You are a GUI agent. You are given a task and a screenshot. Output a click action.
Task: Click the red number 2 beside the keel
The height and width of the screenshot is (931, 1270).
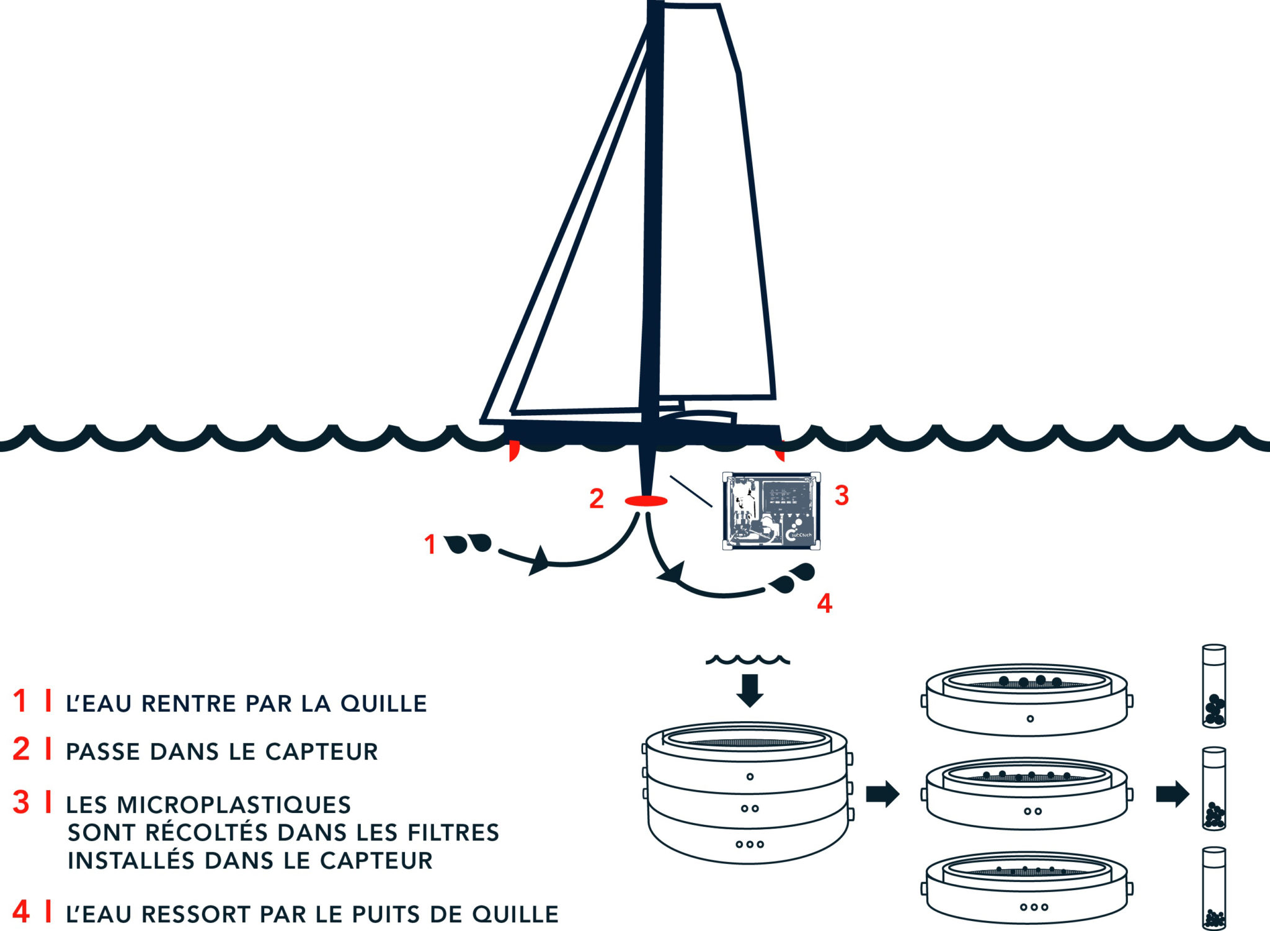coord(596,498)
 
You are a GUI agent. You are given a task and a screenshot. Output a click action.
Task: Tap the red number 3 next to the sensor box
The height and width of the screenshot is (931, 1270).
coord(841,495)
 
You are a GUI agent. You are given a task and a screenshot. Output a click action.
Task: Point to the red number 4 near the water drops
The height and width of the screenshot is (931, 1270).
coord(824,603)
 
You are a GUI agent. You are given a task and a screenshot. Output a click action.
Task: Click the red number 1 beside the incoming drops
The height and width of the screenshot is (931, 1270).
coord(430,544)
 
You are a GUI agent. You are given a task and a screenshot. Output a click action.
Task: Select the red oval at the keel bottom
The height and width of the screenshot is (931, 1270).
coord(646,500)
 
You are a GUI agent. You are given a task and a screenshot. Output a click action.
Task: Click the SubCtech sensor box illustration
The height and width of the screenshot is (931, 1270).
coord(771,511)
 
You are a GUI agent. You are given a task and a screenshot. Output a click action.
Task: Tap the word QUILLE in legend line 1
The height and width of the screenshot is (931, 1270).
coord(384,704)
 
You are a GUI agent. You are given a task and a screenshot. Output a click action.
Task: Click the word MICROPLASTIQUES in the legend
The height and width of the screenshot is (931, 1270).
coord(234,805)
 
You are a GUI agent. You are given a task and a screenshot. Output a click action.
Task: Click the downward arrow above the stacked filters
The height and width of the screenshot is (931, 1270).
coord(750,690)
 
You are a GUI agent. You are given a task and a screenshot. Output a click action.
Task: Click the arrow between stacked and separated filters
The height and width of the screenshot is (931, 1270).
coord(882,793)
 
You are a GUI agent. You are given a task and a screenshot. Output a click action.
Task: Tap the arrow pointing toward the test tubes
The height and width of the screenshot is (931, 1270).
coord(1172,793)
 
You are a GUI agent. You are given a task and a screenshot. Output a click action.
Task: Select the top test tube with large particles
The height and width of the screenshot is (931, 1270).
coord(1214,686)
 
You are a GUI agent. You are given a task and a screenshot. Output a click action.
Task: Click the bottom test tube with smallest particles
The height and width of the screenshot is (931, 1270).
coord(1214,889)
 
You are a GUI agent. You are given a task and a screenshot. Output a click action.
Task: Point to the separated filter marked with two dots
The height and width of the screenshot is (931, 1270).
coord(1026,794)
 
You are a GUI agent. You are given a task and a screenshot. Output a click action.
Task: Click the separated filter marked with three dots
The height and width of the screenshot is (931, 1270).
coord(1026,889)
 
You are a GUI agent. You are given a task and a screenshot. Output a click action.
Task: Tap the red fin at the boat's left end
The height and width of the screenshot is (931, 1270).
coord(513,449)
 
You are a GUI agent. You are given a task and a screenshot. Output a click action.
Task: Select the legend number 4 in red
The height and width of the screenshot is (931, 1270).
coord(21,912)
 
